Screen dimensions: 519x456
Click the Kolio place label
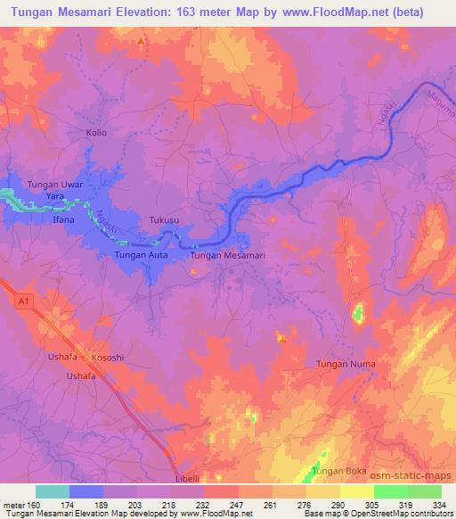pos(96,133)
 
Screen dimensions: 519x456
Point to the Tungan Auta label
pos(142,256)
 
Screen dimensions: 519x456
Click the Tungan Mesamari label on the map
pos(229,256)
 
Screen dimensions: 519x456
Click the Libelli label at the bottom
pos(189,478)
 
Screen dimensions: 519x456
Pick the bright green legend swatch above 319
pos(391,491)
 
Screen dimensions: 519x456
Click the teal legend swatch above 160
pos(53,491)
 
